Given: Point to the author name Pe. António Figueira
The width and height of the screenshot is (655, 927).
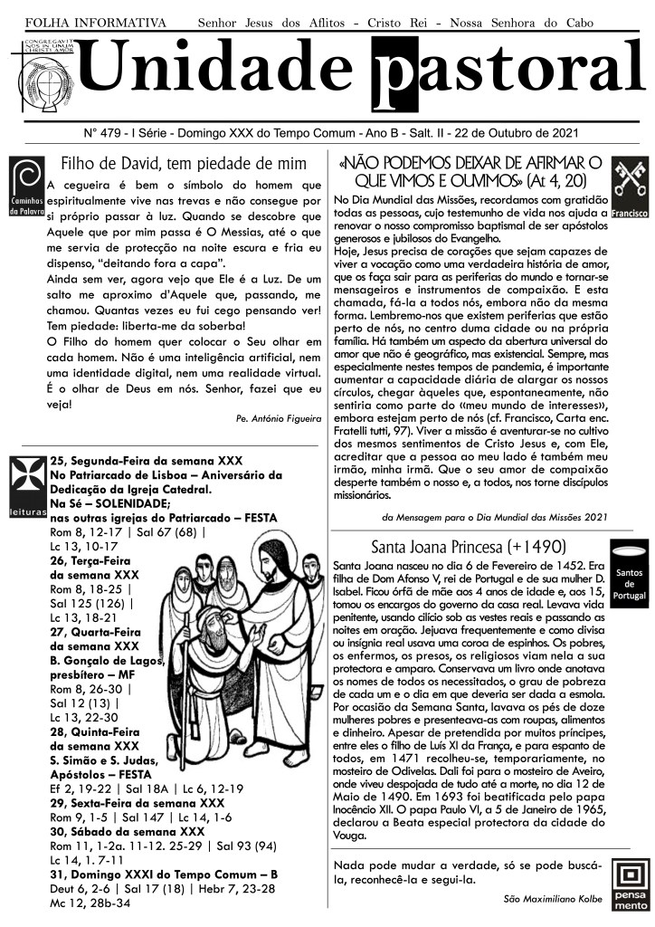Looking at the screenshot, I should (x=277, y=419).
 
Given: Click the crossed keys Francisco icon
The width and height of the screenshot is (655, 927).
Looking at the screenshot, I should (x=630, y=189).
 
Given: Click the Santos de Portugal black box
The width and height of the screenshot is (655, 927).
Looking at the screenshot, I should (x=629, y=577).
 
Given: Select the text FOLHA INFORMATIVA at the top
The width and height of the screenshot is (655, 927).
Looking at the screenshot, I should (x=96, y=21).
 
